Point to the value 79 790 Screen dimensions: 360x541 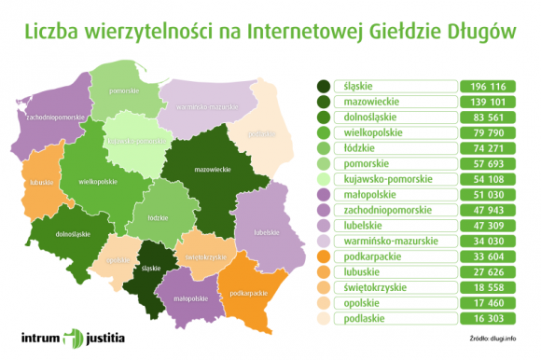tap(488, 132)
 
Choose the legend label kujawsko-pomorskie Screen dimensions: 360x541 tap(386, 180)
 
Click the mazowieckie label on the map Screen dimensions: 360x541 tap(213, 171)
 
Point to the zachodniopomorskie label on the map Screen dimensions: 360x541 tap(57, 118)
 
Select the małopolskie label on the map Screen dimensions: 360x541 tap(190, 298)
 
